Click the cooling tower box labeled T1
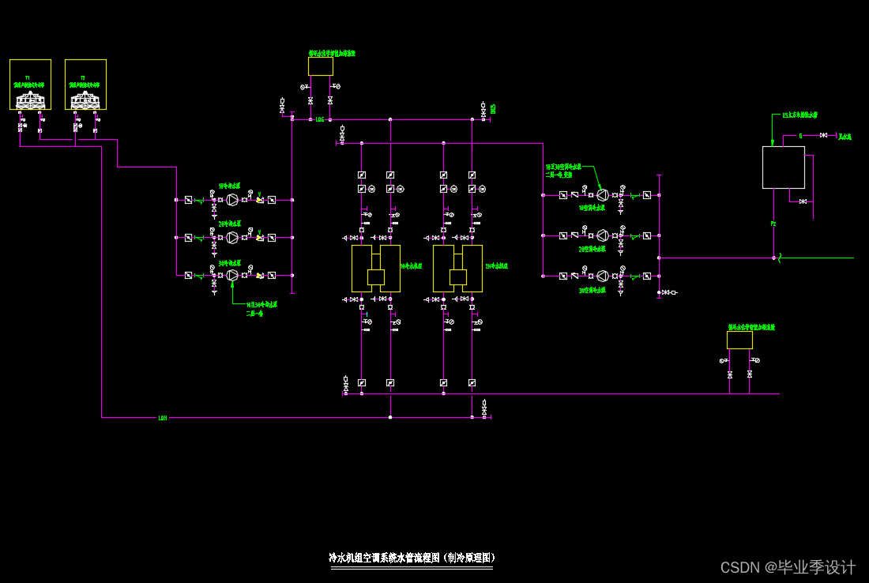coord(30,85)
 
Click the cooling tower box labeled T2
coord(85,85)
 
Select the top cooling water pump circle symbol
coord(232,199)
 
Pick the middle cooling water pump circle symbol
coord(232,237)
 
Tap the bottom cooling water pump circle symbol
coord(232,275)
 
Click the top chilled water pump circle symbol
coord(602,194)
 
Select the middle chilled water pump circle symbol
coord(602,235)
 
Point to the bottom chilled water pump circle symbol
coord(602,276)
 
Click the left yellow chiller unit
coord(376,269)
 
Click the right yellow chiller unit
coord(457,269)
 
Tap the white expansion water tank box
coord(783,167)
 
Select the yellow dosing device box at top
coord(321,66)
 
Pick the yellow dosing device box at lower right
coord(739,340)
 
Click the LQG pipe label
coord(320,119)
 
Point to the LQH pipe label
coord(163,417)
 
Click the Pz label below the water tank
coord(773,224)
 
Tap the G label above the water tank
coord(800,136)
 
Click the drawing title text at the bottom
coord(412,558)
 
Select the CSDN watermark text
coord(788,567)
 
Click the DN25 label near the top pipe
coord(492,108)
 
